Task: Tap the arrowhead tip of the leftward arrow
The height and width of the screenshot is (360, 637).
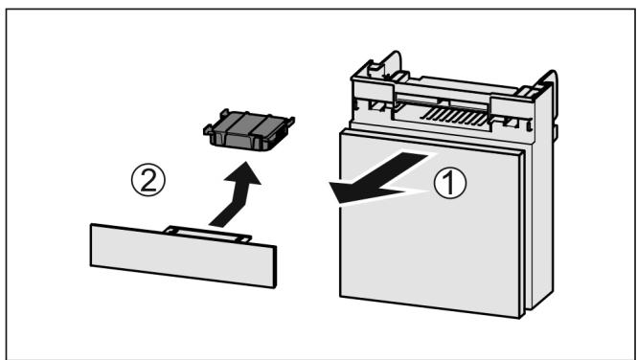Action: (330, 194)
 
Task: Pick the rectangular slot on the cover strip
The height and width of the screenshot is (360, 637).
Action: (206, 233)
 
